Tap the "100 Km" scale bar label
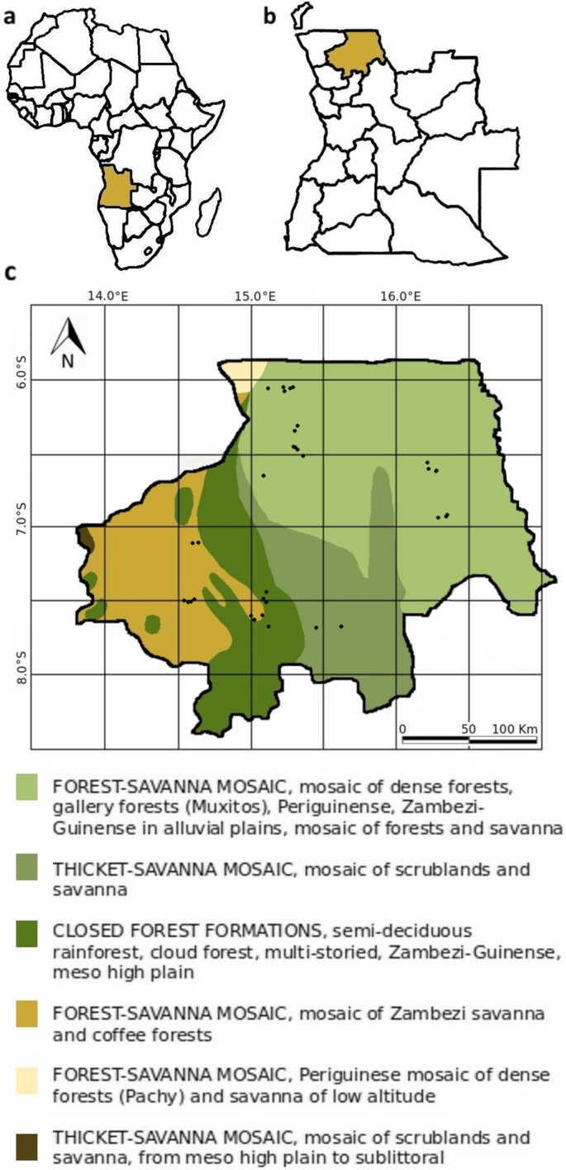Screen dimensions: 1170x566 516,729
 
